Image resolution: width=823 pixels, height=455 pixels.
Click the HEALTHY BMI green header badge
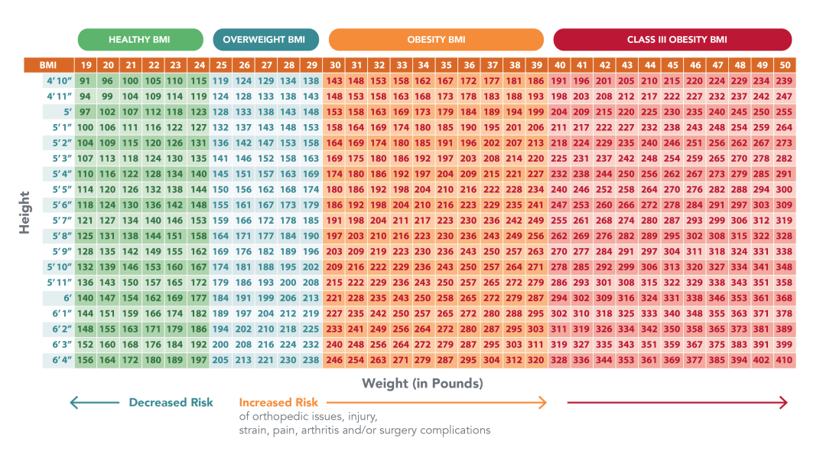[141, 39]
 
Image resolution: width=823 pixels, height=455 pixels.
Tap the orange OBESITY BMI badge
[436, 39]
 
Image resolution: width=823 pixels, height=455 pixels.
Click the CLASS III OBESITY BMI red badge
[672, 39]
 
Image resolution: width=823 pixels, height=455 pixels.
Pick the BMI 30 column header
[335, 66]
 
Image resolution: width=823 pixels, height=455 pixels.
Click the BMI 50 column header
[784, 66]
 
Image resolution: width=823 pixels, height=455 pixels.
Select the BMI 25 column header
[221, 66]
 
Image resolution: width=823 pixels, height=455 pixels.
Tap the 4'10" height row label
[58, 80]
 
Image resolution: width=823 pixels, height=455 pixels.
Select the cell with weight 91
[85, 80]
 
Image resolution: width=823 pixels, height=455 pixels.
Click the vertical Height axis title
[24, 212]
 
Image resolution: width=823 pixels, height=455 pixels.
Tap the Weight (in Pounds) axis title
[422, 383]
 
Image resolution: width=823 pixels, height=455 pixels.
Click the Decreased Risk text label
[171, 402]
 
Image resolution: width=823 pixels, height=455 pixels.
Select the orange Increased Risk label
[278, 402]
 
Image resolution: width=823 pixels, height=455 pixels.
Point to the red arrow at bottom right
[677, 402]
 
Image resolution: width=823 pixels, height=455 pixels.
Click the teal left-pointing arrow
[93, 402]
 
